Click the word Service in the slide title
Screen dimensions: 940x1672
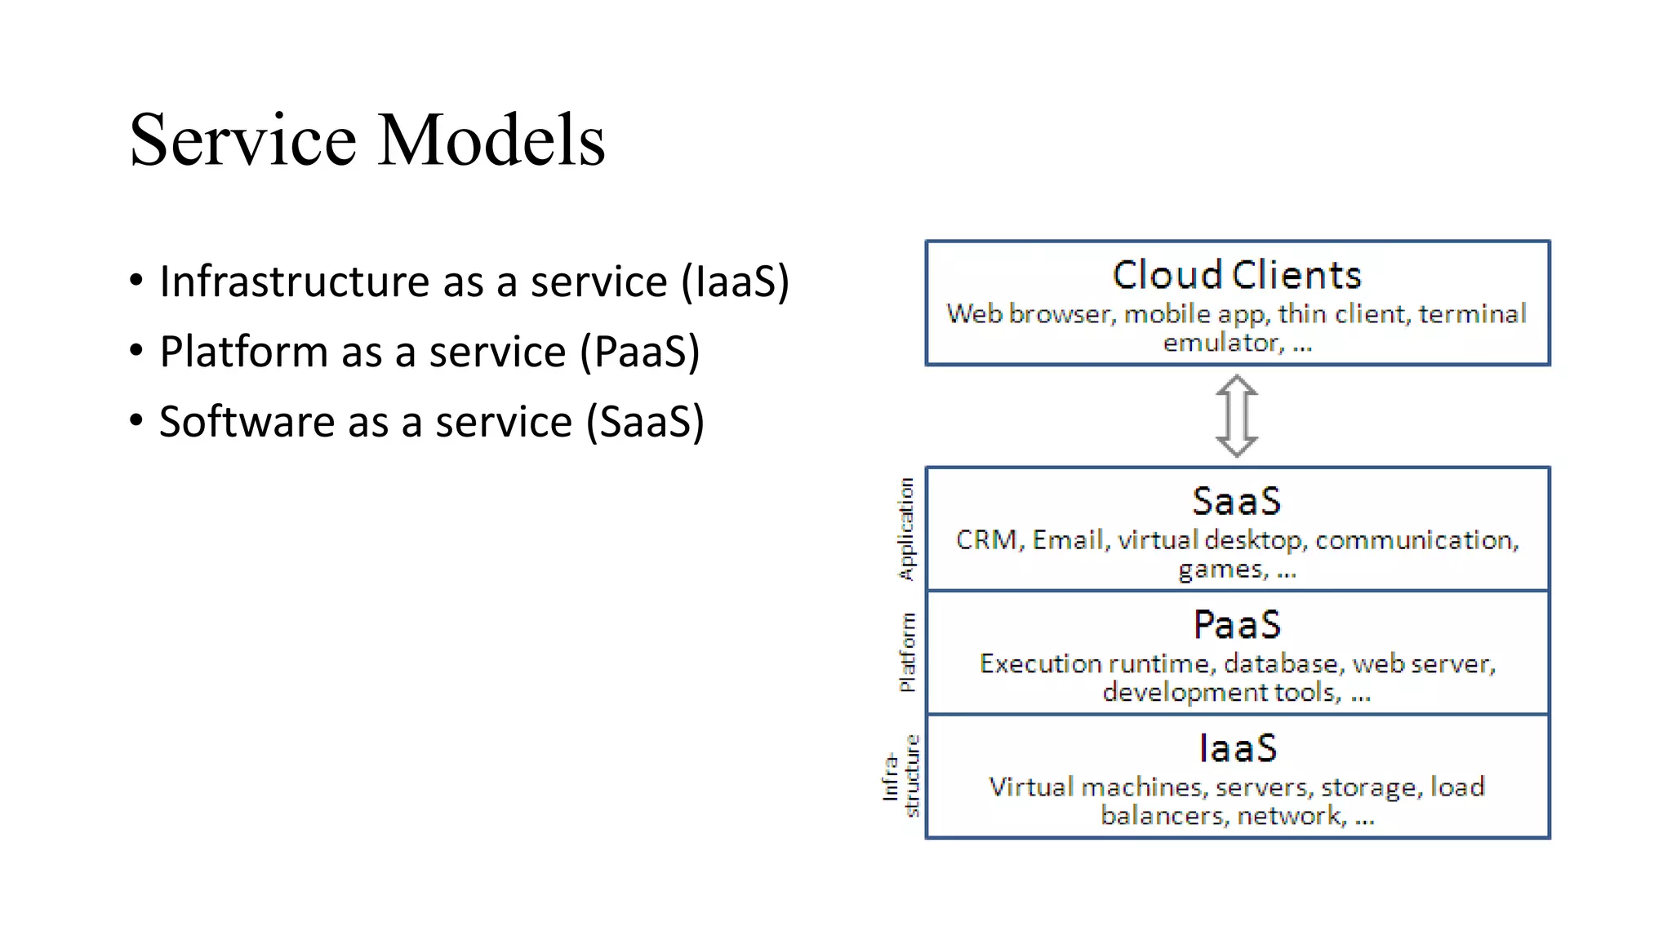coord(242,140)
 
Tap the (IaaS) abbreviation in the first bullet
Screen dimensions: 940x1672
coord(735,282)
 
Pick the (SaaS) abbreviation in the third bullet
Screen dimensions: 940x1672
coord(645,422)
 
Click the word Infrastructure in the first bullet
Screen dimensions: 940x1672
coord(295,282)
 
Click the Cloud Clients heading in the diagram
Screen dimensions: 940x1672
coord(1237,275)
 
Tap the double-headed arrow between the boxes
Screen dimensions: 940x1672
coord(1237,415)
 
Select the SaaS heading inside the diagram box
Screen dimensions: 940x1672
coord(1237,501)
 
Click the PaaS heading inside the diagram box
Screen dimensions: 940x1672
coord(1237,625)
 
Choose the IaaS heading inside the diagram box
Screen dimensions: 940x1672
coord(1237,748)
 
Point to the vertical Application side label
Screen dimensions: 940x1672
coord(906,529)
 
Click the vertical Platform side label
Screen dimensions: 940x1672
coord(906,652)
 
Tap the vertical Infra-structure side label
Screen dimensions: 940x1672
coord(900,776)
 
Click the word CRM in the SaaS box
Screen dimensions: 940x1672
coord(986,540)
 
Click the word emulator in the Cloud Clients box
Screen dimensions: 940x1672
coord(1222,343)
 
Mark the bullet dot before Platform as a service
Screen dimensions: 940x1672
coord(136,351)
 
